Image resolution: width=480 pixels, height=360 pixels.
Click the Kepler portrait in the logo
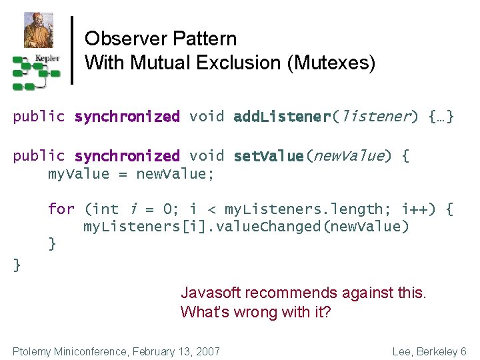38,29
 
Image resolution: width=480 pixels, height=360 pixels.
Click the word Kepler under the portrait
47,58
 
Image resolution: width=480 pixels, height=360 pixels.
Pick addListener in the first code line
282,117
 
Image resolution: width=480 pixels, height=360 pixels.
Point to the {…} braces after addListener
441,117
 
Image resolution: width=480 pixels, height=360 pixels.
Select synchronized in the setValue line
127,156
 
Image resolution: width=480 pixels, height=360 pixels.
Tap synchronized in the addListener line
127,117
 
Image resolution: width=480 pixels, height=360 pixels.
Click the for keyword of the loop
61,209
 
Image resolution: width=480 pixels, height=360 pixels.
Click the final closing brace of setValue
17,265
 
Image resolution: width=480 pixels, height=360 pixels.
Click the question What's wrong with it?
255,312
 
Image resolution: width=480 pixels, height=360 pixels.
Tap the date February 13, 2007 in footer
176,351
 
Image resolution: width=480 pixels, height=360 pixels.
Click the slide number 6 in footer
463,351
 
